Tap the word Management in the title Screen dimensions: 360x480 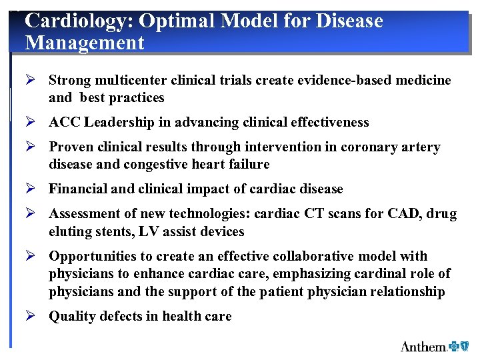point(85,43)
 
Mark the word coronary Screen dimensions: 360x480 point(370,147)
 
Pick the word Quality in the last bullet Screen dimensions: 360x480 point(70,317)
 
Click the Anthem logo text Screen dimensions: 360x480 point(423,346)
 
